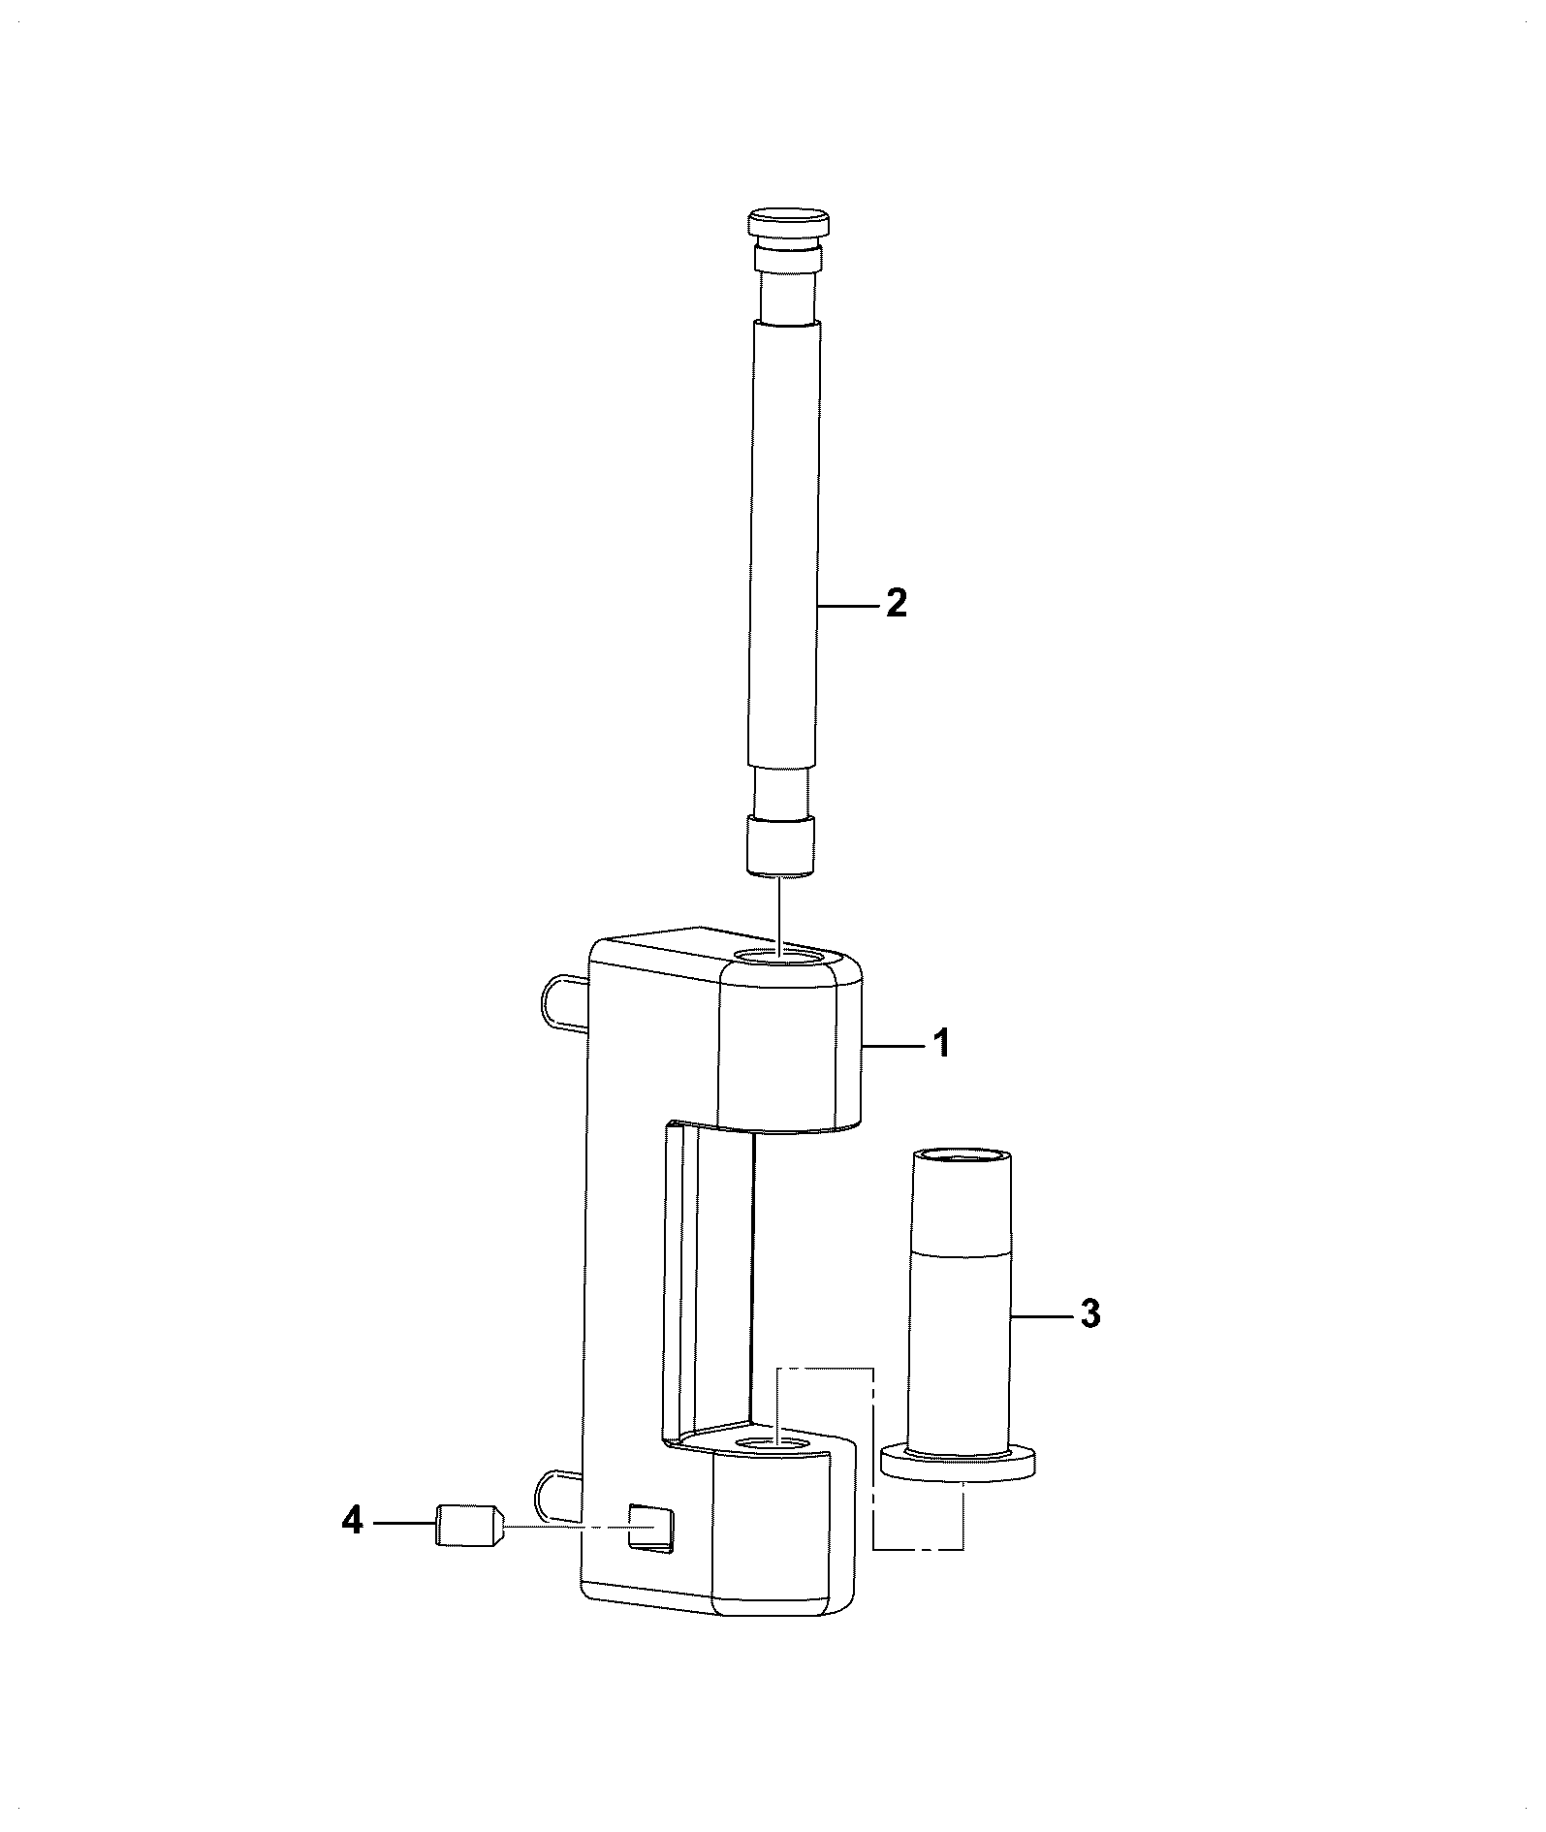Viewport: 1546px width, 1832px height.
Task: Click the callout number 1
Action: click(x=940, y=1045)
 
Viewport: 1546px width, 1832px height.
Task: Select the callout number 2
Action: click(x=896, y=604)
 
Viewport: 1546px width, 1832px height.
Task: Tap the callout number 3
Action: click(x=1089, y=1315)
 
